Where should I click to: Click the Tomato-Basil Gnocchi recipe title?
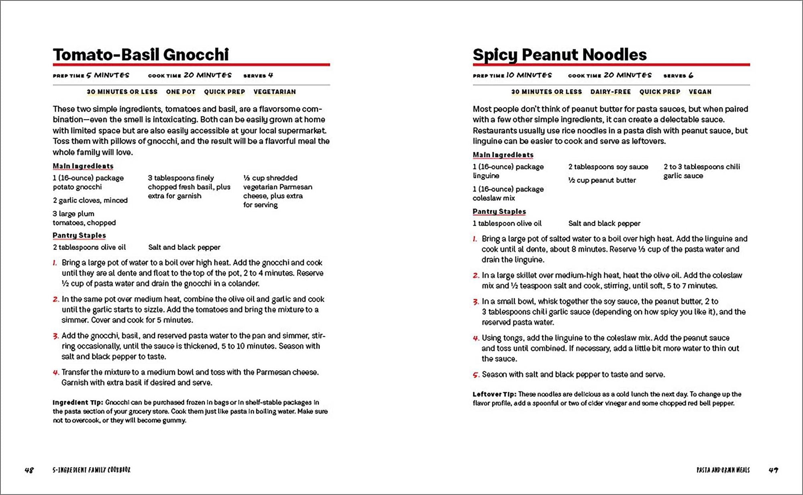pos(141,55)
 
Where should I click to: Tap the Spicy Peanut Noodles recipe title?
pos(559,55)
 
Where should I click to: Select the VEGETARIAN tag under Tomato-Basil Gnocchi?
pos(275,92)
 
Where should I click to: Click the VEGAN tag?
pos(700,92)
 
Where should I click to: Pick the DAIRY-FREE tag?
pos(610,92)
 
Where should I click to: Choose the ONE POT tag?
pos(181,92)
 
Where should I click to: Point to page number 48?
pos(29,470)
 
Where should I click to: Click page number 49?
pos(773,470)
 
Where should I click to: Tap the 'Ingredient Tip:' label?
pos(78,402)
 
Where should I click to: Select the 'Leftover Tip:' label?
pos(495,394)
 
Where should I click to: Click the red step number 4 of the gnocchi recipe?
pos(56,373)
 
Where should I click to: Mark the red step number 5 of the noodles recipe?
pos(476,375)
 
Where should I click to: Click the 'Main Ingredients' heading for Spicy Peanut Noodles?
pos(503,155)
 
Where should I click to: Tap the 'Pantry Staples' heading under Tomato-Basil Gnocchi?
pos(79,235)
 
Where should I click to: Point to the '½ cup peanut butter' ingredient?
pos(602,180)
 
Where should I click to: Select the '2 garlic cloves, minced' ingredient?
pos(90,200)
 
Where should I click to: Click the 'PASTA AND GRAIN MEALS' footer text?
pos(723,470)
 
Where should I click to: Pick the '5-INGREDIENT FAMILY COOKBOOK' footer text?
pos(92,470)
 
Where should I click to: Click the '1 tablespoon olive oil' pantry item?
pos(507,223)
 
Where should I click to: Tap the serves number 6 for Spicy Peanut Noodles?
pos(691,75)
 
